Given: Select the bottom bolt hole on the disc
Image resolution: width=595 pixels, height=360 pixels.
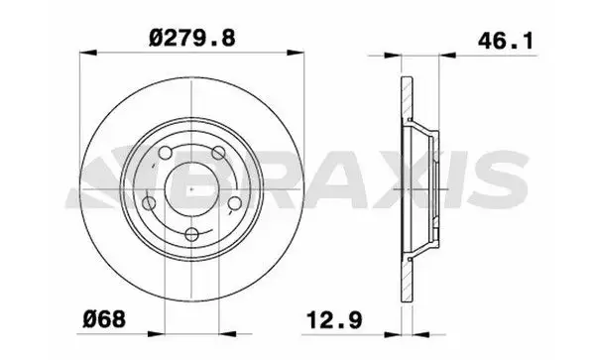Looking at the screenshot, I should tap(191, 235).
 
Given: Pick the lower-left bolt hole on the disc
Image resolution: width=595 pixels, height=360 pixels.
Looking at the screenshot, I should tap(152, 204).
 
